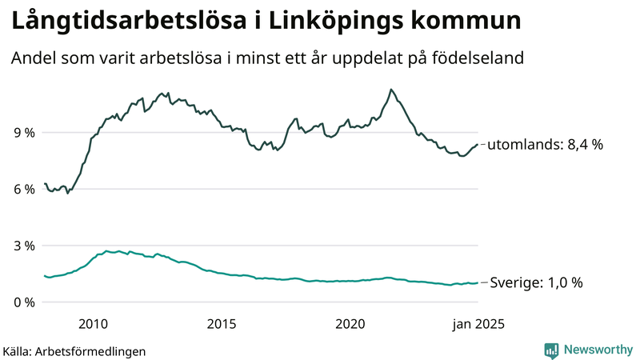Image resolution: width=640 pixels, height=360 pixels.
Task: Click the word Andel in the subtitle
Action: tap(33, 59)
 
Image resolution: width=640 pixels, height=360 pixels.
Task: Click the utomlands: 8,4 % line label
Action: tap(545, 145)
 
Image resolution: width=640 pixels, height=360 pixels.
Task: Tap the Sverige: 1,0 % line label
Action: tap(536, 282)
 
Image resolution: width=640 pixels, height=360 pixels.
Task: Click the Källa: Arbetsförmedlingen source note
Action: tap(74, 350)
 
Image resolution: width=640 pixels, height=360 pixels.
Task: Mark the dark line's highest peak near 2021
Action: tap(390, 89)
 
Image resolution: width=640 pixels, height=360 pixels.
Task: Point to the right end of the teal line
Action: tap(478, 282)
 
